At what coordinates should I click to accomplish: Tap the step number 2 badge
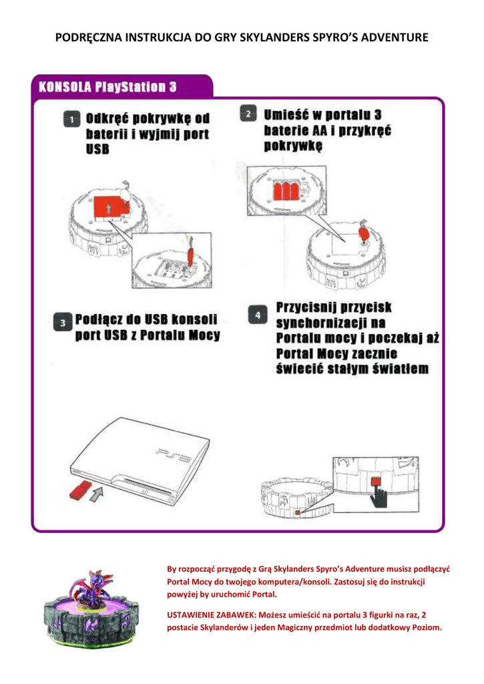tap(248, 114)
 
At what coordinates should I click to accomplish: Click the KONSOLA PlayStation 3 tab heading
tap(108, 87)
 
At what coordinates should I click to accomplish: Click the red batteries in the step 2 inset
tap(285, 190)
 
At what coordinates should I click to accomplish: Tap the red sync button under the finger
tap(377, 480)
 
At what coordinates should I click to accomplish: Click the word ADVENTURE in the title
tap(392, 37)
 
